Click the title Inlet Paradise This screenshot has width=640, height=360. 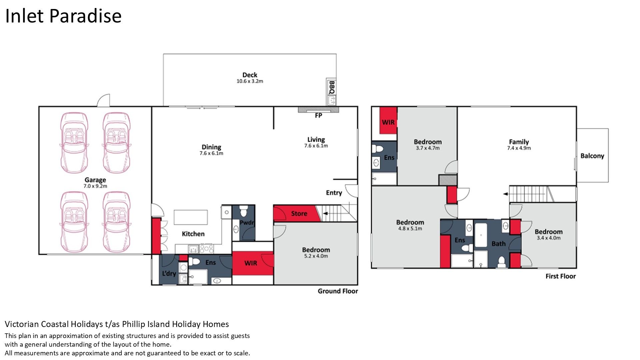pyautogui.click(x=63, y=16)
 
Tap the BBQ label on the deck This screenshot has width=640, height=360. pyautogui.click(x=332, y=87)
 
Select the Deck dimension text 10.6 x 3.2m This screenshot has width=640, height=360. pyautogui.click(x=250, y=81)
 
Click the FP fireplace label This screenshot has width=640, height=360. pyautogui.click(x=318, y=115)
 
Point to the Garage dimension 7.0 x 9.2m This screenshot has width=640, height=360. pyautogui.click(x=95, y=186)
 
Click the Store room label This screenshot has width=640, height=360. pyautogui.click(x=299, y=214)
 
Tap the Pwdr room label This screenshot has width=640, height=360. pyautogui.click(x=247, y=222)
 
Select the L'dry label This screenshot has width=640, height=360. pyautogui.click(x=169, y=273)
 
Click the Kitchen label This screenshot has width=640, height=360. pyautogui.click(x=193, y=234)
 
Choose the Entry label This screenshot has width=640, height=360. pyautogui.click(x=334, y=193)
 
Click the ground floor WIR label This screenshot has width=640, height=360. pyautogui.click(x=251, y=263)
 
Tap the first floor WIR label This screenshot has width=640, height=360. pyautogui.click(x=388, y=122)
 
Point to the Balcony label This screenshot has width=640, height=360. pyautogui.click(x=592, y=156)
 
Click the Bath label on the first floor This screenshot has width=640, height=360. pyautogui.click(x=498, y=244)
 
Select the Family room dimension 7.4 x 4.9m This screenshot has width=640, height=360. pyautogui.click(x=519, y=148)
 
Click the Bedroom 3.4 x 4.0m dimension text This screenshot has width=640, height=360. pyautogui.click(x=549, y=238)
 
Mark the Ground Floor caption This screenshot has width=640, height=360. pyautogui.click(x=338, y=291)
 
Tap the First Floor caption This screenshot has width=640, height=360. pyautogui.click(x=561, y=276)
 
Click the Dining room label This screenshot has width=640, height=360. pyautogui.click(x=211, y=147)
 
